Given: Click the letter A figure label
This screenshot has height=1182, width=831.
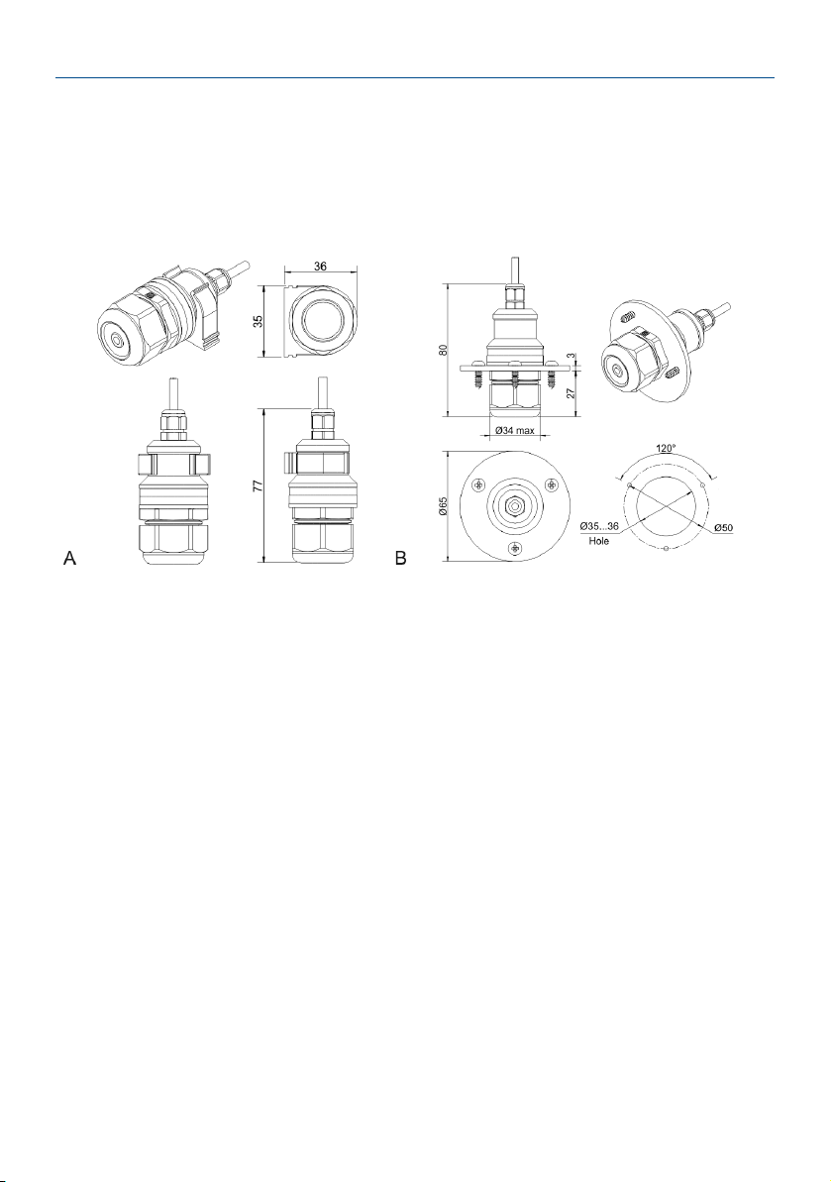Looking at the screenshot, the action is click(69, 558).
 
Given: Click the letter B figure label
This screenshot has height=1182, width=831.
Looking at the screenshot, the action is click(401, 558).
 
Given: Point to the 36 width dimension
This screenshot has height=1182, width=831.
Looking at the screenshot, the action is click(320, 267).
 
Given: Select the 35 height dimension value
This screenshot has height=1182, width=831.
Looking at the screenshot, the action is click(259, 321).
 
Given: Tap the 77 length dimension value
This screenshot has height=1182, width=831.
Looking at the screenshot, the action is click(257, 486).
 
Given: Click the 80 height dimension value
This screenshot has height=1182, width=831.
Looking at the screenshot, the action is click(443, 350).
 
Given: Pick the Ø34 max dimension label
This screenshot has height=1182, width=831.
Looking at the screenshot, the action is click(515, 431).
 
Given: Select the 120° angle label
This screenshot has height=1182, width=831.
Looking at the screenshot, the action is click(666, 448).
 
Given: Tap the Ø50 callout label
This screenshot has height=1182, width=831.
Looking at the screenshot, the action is click(722, 528).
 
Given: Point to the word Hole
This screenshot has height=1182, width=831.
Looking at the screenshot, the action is click(599, 541).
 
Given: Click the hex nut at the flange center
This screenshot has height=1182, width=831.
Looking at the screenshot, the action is click(515, 506).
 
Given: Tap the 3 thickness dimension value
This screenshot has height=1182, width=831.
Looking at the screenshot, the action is click(571, 355).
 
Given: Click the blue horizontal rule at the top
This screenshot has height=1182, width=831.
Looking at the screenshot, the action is click(415, 77).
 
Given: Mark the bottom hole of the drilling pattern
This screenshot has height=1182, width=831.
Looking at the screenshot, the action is click(665, 548).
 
